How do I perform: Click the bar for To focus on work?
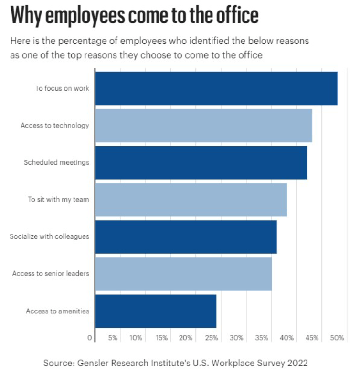click(x=217, y=88)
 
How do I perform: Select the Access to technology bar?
click(x=204, y=126)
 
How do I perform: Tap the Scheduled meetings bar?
click(x=201, y=162)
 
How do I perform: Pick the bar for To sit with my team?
click(x=191, y=200)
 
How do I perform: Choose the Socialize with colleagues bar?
click(x=186, y=237)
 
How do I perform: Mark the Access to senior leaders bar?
click(x=184, y=274)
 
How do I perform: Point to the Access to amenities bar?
click(x=156, y=311)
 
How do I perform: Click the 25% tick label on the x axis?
click(x=212, y=338)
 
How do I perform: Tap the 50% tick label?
click(x=337, y=338)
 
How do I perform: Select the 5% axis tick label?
click(x=113, y=338)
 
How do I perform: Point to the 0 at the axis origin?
click(x=90, y=338)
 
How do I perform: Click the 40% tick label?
click(x=286, y=338)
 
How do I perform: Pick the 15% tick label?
click(x=161, y=338)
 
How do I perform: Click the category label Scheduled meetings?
click(x=56, y=162)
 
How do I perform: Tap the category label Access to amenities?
click(x=58, y=311)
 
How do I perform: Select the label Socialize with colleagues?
click(x=50, y=236)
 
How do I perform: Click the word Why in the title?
click(x=26, y=16)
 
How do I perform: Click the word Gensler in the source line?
click(x=93, y=363)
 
